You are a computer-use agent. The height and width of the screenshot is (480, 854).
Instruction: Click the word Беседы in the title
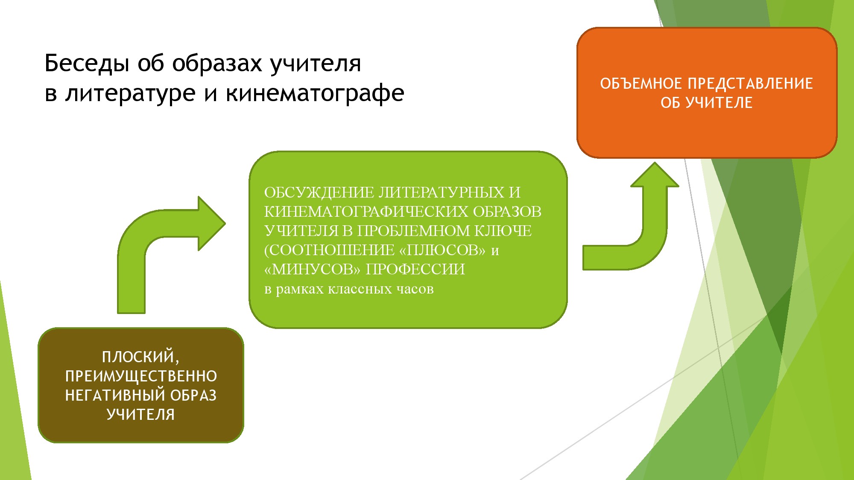87,64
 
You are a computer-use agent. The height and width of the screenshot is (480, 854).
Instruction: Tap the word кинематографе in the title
315,93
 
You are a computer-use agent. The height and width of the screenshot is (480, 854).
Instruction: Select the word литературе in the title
130,93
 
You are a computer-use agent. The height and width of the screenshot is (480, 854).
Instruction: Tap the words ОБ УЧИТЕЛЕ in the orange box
707,103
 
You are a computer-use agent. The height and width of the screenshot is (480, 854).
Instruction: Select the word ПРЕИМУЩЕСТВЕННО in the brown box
141,376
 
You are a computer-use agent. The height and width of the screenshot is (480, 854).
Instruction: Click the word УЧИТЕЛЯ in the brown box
140,415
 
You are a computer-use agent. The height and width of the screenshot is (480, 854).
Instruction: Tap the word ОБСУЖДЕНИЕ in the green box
319,192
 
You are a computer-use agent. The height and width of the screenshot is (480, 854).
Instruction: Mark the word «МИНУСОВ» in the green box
313,269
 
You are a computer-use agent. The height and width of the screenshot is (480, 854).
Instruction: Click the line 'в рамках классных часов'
349,289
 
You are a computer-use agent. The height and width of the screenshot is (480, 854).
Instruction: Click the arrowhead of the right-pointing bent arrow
212,223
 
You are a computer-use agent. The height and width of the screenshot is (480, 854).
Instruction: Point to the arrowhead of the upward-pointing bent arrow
655,175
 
